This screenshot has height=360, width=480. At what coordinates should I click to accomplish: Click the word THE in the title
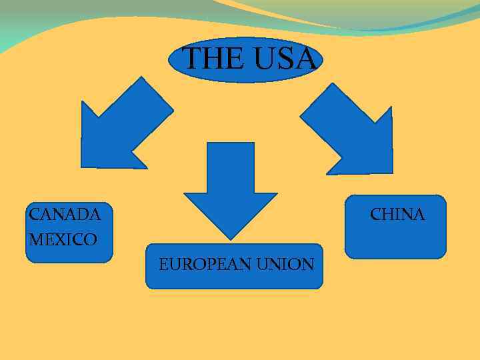tap(213, 59)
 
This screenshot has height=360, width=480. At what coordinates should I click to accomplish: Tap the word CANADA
tap(65, 215)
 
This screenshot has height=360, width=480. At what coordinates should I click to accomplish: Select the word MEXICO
tap(63, 239)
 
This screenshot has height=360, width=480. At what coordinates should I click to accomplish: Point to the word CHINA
tap(397, 215)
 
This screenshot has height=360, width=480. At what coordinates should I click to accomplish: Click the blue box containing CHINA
tap(395, 240)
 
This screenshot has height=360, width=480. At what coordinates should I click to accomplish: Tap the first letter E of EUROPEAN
tap(163, 265)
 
